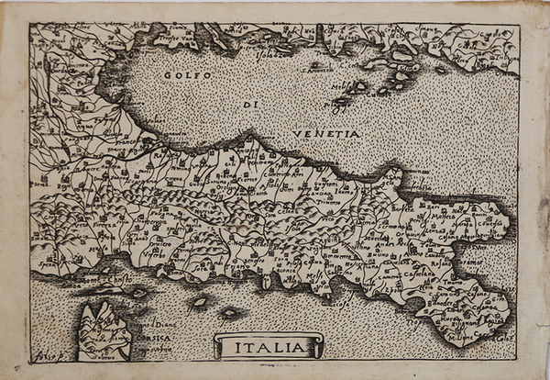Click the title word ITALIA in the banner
(268, 347)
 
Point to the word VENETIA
(325, 134)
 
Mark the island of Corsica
(103, 330)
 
